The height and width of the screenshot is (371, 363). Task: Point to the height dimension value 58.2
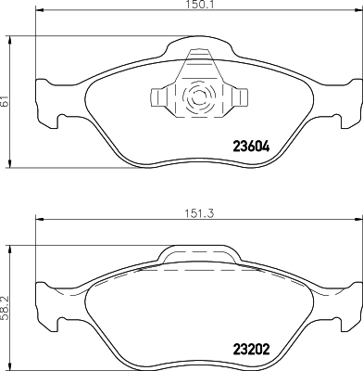point(6,302)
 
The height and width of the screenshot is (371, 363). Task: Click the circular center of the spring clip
point(197,96)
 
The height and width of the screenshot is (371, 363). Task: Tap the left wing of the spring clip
point(162,96)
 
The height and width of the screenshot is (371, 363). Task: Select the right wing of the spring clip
point(232,96)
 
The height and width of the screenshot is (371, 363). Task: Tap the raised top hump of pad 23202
point(197,254)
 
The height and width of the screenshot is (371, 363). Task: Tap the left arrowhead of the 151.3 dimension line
point(38,221)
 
